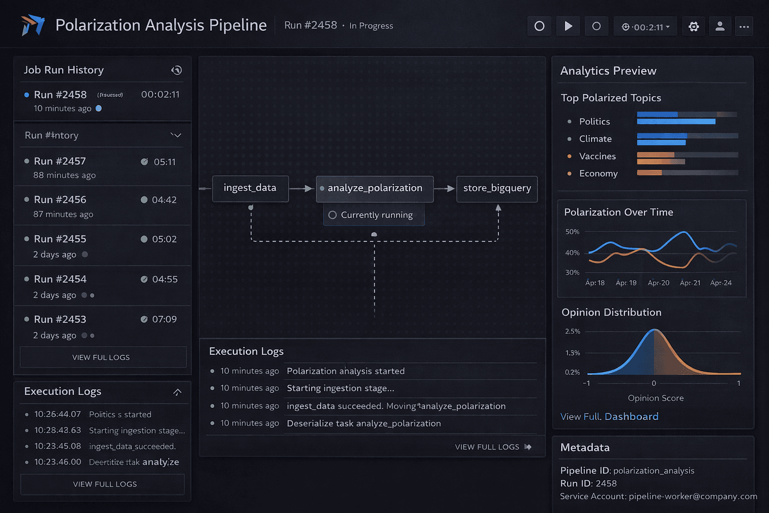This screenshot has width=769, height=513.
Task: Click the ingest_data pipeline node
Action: click(250, 188)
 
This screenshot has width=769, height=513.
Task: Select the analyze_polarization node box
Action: click(374, 188)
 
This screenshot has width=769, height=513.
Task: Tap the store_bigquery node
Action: click(497, 188)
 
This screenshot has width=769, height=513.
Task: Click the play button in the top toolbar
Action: click(568, 26)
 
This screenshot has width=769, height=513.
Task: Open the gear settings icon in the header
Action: click(694, 27)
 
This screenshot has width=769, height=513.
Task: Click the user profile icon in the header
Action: click(720, 26)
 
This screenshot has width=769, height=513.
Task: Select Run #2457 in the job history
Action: click(60, 161)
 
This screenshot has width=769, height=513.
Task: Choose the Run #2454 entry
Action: click(60, 279)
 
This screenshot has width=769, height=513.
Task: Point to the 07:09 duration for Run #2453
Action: click(164, 320)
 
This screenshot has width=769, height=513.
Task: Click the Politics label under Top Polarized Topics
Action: click(594, 122)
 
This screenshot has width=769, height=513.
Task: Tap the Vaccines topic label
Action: click(597, 156)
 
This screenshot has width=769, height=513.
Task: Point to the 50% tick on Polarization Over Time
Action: click(572, 232)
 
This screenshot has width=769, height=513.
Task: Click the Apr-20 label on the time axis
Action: click(658, 283)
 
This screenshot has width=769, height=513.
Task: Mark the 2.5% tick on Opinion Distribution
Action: click(572, 332)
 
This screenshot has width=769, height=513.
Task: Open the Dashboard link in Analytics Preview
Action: click(631, 417)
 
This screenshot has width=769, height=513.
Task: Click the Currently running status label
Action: click(376, 215)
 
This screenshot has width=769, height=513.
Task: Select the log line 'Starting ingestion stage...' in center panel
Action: click(340, 388)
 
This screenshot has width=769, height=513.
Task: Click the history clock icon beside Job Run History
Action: click(177, 70)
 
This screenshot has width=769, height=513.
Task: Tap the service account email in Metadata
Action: click(693, 496)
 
